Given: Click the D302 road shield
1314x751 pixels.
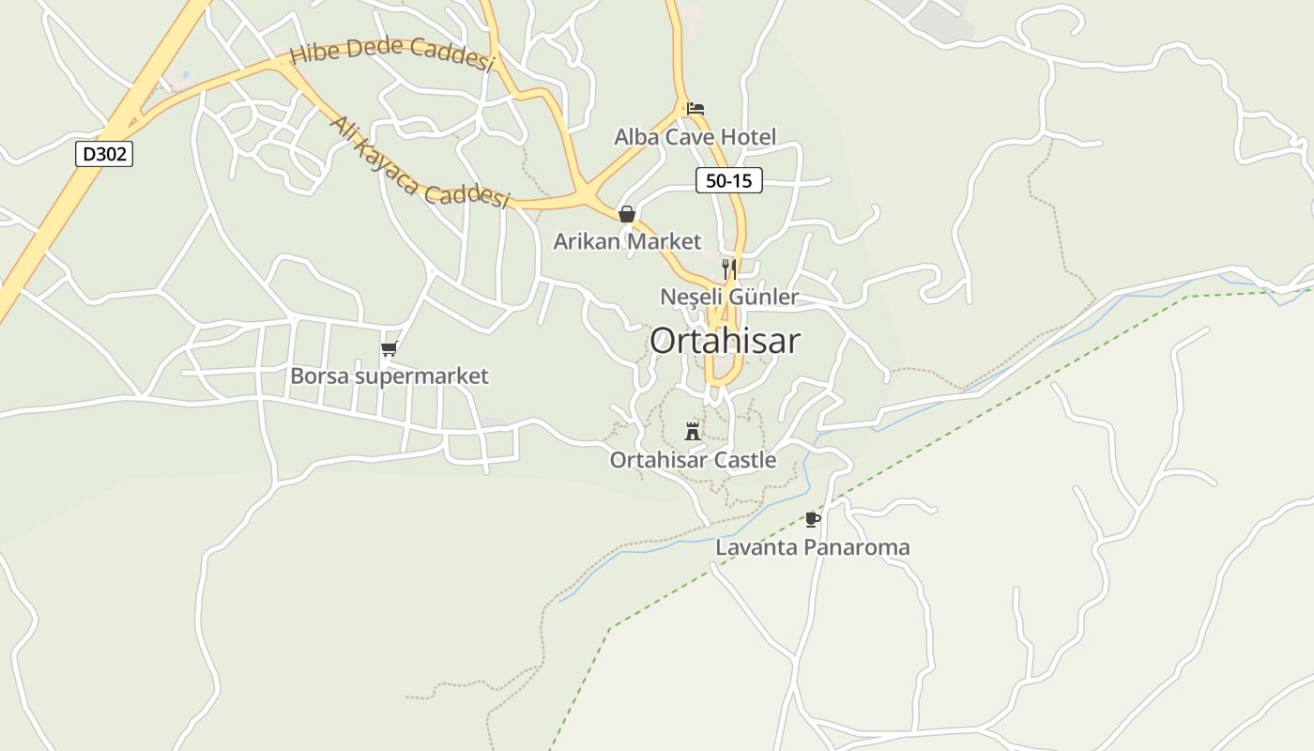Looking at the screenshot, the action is [104, 154].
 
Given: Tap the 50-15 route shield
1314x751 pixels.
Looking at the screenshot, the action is [728, 180].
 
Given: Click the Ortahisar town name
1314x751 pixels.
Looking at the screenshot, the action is [725, 341].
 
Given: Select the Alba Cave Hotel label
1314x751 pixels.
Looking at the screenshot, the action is [695, 137].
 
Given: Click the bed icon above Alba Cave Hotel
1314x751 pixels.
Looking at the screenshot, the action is [695, 109].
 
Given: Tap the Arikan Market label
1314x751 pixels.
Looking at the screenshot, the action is [627, 241].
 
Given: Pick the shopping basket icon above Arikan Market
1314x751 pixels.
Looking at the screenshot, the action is [627, 214].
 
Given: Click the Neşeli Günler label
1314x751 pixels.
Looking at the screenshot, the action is [729, 297].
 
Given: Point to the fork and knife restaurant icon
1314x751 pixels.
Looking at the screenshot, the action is [728, 268].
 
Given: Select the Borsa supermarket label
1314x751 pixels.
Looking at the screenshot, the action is [389, 376].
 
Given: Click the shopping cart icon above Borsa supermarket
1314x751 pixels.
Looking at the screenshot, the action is [389, 349].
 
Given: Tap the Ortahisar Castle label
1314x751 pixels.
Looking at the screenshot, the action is [693, 460].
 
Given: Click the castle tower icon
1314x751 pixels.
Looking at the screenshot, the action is [693, 432].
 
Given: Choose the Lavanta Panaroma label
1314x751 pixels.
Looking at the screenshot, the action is [813, 547].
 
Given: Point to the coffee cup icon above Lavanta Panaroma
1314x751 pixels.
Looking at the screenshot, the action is [813, 519].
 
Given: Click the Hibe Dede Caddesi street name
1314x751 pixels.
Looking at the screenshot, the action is [391, 53].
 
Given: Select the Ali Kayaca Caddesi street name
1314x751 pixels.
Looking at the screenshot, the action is [419, 163].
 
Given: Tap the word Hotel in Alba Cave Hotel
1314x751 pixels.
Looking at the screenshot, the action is [748, 137].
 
